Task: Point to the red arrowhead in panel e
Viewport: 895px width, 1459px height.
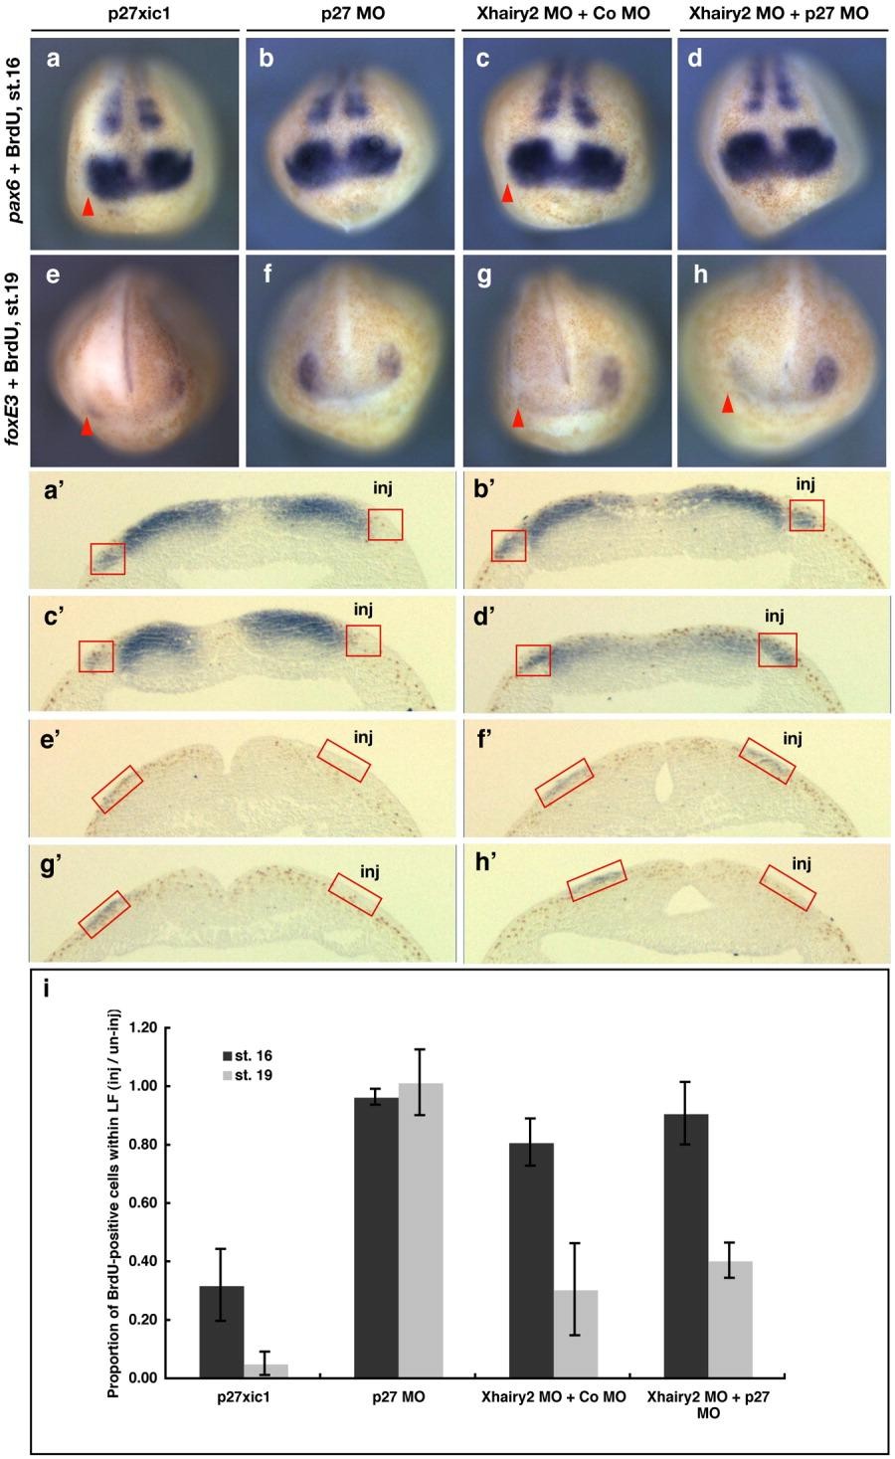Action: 88,427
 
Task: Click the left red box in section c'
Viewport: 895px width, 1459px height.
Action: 96,656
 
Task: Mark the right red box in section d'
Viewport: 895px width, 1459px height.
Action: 778,649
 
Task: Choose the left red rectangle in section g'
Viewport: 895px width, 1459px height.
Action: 104,914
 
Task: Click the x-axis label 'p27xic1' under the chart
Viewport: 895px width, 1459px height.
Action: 244,1396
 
